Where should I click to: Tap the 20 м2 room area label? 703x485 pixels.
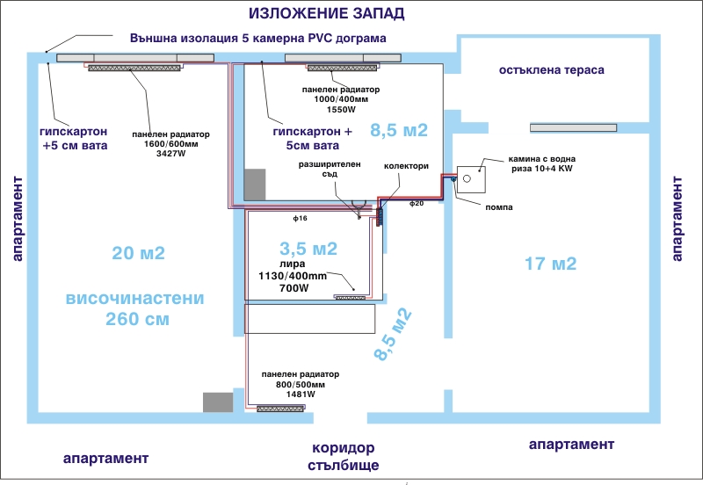(139, 254)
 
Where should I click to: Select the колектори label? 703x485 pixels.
(406, 165)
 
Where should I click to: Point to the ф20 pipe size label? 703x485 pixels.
(417, 203)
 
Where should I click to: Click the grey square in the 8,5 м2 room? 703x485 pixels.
(255, 184)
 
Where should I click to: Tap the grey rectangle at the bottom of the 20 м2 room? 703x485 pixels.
(217, 402)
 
